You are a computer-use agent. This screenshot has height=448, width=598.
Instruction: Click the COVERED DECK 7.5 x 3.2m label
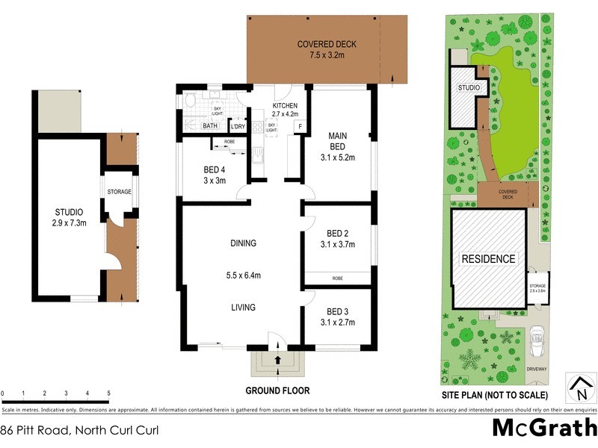(x=327, y=49)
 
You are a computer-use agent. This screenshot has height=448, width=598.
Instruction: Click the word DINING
(x=243, y=243)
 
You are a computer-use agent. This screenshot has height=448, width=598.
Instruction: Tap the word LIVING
(x=243, y=307)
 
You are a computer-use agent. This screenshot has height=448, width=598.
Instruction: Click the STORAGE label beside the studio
(x=118, y=192)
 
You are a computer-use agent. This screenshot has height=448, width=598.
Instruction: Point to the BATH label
(x=212, y=126)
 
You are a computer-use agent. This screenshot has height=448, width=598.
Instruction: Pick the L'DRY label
(x=238, y=126)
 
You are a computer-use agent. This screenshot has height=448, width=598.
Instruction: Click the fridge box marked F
(x=300, y=126)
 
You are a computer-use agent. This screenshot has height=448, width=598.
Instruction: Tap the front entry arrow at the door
(x=278, y=359)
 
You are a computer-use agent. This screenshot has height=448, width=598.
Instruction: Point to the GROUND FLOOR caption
(x=278, y=391)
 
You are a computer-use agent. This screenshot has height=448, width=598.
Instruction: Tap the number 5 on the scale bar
(x=109, y=393)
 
